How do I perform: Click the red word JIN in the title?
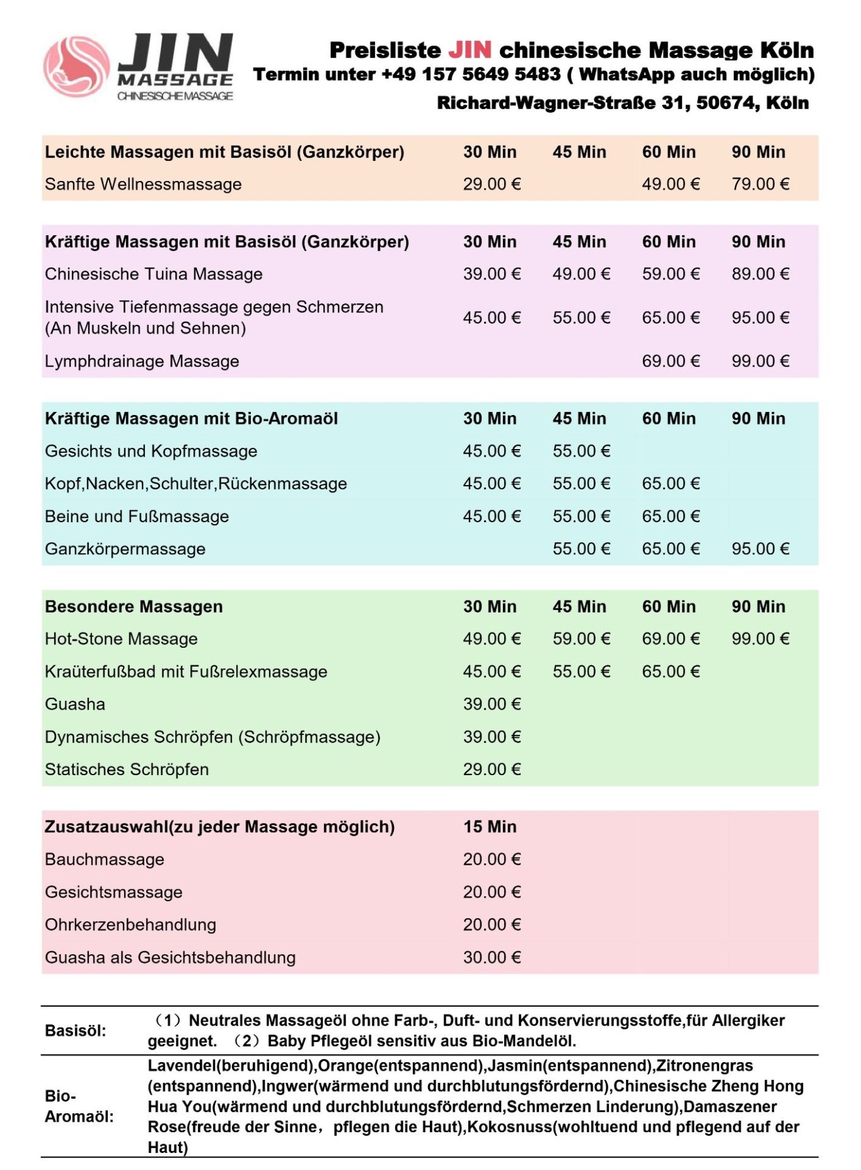(x=470, y=50)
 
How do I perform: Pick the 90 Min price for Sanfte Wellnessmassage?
(x=760, y=184)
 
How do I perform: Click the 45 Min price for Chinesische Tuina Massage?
(x=581, y=274)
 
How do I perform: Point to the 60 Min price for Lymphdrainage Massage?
(x=671, y=361)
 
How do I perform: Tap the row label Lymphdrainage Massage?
(x=142, y=361)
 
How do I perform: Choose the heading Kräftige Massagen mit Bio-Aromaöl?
(x=191, y=419)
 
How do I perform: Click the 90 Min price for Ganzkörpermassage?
(x=760, y=549)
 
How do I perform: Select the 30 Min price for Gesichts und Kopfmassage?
(x=492, y=452)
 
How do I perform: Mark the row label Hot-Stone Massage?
(x=121, y=639)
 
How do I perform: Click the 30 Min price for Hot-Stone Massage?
(x=492, y=639)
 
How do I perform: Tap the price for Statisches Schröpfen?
(x=492, y=769)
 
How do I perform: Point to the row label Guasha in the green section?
(x=75, y=704)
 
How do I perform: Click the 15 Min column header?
(x=490, y=827)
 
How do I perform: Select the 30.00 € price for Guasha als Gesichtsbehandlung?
(x=492, y=957)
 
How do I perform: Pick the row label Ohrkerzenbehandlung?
(x=130, y=925)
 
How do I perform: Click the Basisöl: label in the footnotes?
(x=76, y=1031)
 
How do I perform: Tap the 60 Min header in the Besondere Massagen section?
(x=669, y=607)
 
